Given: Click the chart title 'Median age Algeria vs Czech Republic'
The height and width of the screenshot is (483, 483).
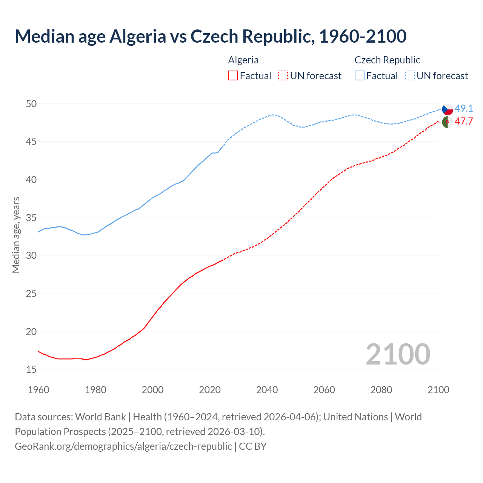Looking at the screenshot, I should point(211,36).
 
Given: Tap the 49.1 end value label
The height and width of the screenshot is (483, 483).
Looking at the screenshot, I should point(464,109).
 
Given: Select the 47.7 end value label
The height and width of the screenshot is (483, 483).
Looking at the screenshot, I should point(464,122).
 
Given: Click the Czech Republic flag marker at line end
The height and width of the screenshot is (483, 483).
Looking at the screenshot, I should point(448,109).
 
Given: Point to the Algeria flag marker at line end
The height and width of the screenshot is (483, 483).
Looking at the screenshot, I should point(448,122).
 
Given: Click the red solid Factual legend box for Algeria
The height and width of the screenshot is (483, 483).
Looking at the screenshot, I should point(233,76).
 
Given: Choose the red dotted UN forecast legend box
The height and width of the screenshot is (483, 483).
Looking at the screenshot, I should point(283,76).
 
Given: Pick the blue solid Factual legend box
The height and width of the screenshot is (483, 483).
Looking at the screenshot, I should point(360,76).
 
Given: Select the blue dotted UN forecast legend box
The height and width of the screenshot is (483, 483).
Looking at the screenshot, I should point(410,76).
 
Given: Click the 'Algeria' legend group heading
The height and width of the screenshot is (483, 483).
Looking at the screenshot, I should point(243,60).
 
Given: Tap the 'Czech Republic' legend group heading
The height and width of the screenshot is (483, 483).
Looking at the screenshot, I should point(387,60).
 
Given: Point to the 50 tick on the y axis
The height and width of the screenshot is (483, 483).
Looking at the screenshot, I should point(31,104).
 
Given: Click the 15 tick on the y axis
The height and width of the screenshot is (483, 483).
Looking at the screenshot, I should point(31,370).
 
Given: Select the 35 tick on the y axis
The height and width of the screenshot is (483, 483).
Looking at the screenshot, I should point(31,218).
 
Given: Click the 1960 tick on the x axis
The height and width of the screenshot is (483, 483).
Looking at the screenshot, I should point(38,390).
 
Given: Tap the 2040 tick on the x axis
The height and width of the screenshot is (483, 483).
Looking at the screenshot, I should point(267,390).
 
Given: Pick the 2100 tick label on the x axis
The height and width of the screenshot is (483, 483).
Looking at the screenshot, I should point(438,390).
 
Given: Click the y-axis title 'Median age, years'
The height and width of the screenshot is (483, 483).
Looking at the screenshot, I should point(16,235).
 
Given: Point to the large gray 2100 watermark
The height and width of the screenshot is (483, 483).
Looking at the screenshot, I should point(398,354).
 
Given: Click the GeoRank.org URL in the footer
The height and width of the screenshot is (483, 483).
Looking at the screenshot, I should point(123,446).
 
